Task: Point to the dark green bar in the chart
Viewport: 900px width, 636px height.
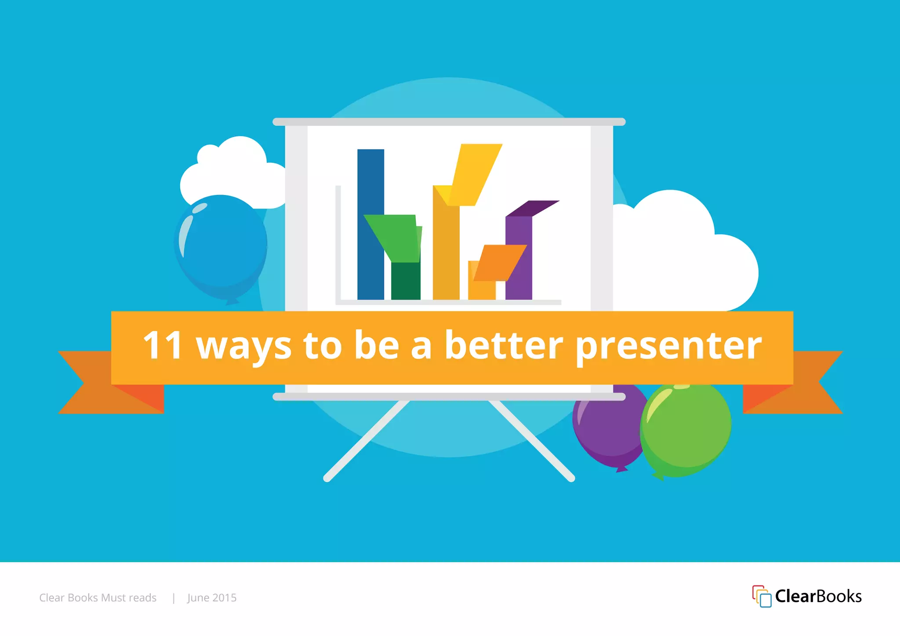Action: point(406,281)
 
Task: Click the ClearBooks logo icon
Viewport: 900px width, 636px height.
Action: point(762,596)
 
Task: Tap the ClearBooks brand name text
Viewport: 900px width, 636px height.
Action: point(818,596)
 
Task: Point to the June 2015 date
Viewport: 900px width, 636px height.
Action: point(212,598)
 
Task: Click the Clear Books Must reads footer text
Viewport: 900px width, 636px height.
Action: point(98,598)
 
